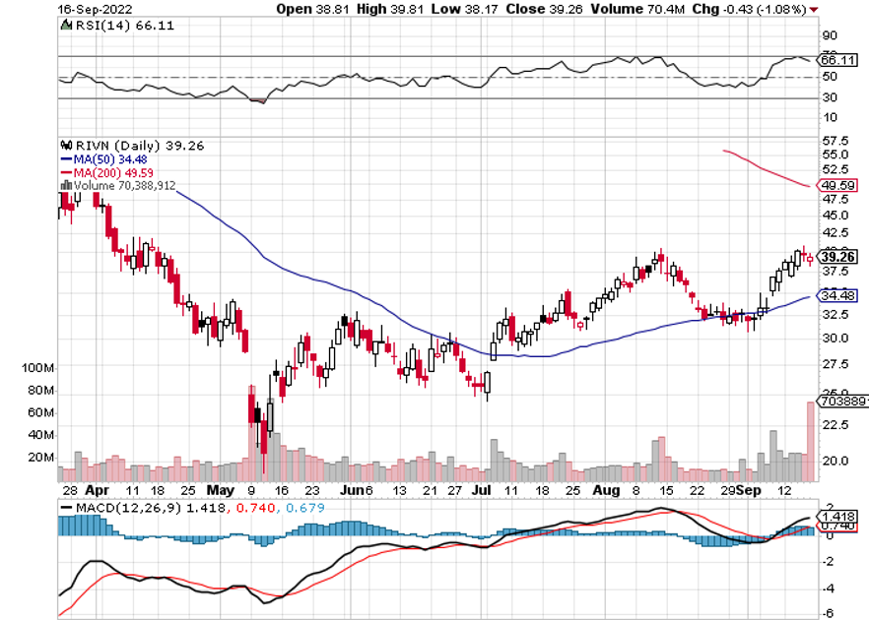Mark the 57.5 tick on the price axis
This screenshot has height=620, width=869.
[836, 141]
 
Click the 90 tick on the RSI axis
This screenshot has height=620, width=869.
[832, 32]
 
